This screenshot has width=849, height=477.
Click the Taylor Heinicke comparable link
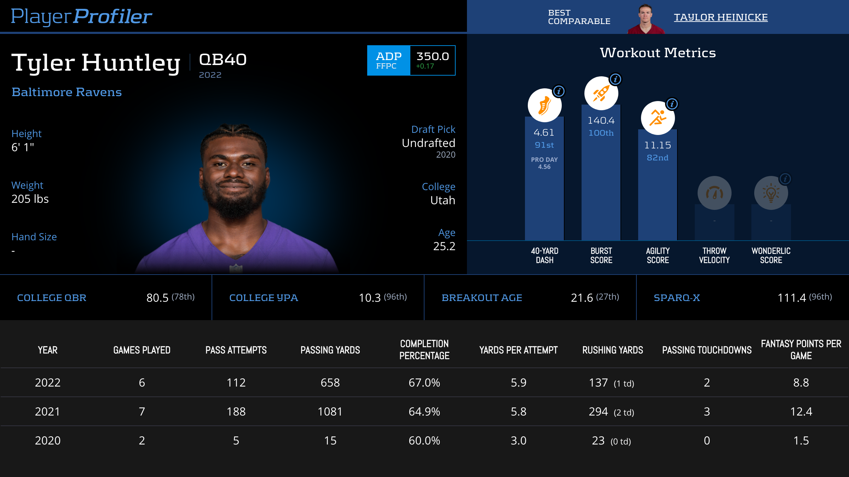[x=721, y=17]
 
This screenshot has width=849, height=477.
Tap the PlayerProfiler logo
[x=81, y=17]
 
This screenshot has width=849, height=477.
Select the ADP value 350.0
[x=432, y=57]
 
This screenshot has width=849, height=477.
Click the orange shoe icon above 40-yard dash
[x=544, y=105]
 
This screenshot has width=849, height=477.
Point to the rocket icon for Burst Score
[x=601, y=93]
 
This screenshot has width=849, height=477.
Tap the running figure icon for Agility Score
[x=658, y=118]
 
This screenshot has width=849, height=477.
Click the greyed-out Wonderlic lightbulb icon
[x=771, y=193]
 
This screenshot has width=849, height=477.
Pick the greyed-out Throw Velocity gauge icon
[x=714, y=193]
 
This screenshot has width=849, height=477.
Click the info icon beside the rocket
[x=616, y=79]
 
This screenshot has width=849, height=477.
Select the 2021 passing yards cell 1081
[x=330, y=412]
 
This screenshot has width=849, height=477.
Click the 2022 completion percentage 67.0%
[x=424, y=383]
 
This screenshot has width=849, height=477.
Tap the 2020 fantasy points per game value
[x=801, y=441]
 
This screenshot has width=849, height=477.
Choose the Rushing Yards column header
[x=613, y=350]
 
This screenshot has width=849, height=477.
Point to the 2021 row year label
[x=48, y=412]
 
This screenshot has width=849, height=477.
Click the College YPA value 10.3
[x=370, y=298]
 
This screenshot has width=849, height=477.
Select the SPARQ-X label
[x=677, y=298]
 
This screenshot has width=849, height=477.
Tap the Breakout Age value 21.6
[x=582, y=298]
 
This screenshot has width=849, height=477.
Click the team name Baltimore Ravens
[x=67, y=92]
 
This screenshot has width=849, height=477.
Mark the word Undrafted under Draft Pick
[x=428, y=143]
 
